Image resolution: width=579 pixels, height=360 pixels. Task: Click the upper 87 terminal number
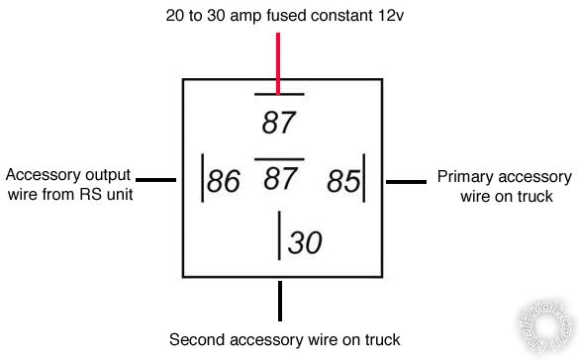pyautogui.click(x=280, y=123)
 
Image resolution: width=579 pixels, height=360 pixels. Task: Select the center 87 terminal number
pyautogui.click(x=280, y=179)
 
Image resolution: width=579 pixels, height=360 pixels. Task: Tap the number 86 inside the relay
pyautogui.click(x=224, y=182)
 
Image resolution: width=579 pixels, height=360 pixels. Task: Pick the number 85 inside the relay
pyautogui.click(x=342, y=182)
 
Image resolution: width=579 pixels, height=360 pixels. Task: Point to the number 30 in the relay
pyautogui.click(x=305, y=241)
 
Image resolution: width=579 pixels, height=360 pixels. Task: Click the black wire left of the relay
pyautogui.click(x=155, y=180)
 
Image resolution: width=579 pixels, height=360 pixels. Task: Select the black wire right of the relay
pyautogui.click(x=404, y=181)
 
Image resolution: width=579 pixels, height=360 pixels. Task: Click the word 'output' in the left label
pyautogui.click(x=107, y=175)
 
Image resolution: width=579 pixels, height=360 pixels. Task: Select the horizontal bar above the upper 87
pyautogui.click(x=279, y=95)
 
